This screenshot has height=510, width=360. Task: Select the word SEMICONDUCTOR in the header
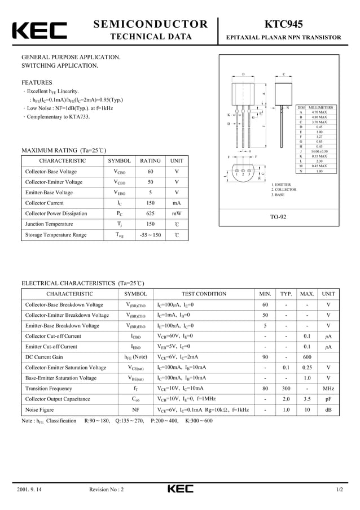[150, 24]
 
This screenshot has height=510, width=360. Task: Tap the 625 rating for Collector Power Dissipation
[150, 213]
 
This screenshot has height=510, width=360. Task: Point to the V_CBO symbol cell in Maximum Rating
[120, 172]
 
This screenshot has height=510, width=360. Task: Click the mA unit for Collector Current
[177, 203]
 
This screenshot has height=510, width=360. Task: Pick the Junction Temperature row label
[49, 224]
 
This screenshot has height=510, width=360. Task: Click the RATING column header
[150, 161]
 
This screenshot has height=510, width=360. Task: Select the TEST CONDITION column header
[204, 294]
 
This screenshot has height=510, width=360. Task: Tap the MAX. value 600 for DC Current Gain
[307, 357]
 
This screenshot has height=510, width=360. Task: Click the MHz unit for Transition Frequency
[328, 389]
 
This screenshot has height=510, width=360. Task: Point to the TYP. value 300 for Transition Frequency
[286, 389]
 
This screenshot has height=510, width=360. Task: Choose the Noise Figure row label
[39, 409]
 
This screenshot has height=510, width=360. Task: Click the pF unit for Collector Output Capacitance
[328, 399]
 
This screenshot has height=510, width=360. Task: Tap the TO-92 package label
[278, 217]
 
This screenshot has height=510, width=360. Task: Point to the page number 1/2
[339, 489]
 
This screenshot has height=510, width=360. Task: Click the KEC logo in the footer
[179, 489]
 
